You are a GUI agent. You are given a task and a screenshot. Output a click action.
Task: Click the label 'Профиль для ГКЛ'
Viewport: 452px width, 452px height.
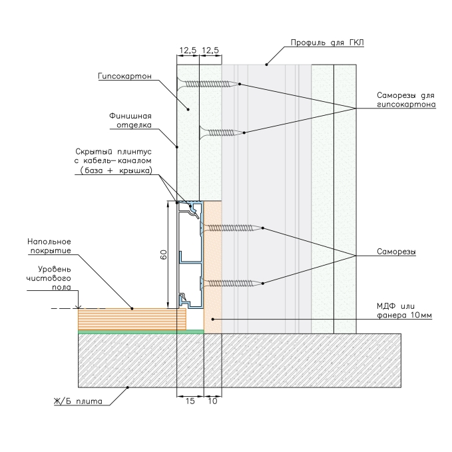[327, 43]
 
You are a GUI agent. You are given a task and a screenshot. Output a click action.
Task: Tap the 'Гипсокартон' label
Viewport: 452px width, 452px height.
[124, 76]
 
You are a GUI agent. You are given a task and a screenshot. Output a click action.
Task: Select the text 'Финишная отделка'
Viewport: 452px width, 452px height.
[130, 120]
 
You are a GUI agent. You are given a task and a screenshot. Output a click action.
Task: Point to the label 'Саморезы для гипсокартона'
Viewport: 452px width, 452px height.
[406, 100]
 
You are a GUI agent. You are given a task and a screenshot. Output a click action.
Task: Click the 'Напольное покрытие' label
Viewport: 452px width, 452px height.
[49, 246]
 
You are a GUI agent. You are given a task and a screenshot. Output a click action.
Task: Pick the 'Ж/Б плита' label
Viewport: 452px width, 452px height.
[78, 401]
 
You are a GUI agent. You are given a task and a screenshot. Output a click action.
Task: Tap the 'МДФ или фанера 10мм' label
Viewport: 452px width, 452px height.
[404, 310]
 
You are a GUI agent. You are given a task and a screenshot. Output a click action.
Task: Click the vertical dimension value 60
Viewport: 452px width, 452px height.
[164, 254]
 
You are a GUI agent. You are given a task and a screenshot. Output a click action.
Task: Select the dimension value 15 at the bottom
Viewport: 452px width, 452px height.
[190, 401]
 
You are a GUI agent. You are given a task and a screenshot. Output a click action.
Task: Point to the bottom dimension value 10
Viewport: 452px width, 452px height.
[212, 401]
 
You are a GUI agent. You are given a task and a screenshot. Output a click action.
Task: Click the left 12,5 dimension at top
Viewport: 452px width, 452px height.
[188, 51]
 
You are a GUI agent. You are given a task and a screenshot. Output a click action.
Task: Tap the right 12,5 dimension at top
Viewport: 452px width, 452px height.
[210, 51]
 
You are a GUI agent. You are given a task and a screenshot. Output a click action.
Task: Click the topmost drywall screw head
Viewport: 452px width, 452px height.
[180, 84]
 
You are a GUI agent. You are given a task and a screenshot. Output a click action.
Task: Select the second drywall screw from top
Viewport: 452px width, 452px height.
[222, 132]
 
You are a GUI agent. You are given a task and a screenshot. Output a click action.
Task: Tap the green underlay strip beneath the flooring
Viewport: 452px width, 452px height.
[141, 332]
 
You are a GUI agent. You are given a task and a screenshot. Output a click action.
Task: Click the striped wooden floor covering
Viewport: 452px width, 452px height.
[132, 319]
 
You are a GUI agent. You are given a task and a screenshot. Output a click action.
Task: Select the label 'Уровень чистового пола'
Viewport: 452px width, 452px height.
[49, 278]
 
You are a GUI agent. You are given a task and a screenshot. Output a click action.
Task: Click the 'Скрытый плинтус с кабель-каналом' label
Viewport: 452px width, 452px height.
[113, 161]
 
